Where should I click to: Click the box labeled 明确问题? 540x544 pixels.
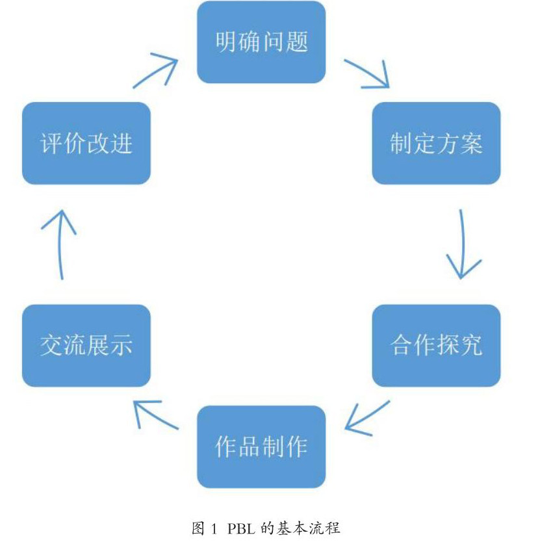click(261, 42)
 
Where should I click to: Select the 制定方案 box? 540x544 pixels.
click(436, 143)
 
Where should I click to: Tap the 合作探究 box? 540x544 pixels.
click(436, 346)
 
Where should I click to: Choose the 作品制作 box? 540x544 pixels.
click(261, 447)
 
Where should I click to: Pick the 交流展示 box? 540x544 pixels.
click(86, 346)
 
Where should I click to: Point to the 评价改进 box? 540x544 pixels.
click(86, 143)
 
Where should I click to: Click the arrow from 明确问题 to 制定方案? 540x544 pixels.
click(367, 74)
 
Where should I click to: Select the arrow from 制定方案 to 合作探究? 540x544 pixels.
click(463, 244)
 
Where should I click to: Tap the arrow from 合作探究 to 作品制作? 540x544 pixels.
click(367, 418)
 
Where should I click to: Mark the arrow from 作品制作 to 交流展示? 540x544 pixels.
click(156, 415)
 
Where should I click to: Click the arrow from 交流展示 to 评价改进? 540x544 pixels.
click(60, 244)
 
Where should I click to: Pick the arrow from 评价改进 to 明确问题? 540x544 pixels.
click(155, 70)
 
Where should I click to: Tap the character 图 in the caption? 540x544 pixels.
click(198, 528)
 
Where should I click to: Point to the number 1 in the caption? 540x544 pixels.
click(214, 529)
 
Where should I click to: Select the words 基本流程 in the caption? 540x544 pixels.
click(308, 528)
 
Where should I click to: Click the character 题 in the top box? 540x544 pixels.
click(297, 42)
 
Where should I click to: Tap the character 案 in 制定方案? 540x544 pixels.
click(471, 143)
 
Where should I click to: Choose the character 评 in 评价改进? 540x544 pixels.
click(52, 143)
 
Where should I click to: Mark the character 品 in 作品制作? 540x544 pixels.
click(250, 447)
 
